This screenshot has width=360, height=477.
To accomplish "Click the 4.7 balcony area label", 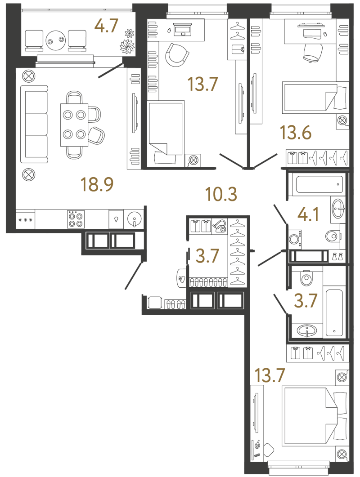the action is [106, 26].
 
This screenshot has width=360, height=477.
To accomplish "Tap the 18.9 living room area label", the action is [97, 184].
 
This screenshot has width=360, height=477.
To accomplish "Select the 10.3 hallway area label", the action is [221, 194].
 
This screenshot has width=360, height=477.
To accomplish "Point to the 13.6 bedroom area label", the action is [296, 133].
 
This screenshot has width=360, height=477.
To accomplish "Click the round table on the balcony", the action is [56, 39].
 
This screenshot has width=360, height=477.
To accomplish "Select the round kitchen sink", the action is [135, 219].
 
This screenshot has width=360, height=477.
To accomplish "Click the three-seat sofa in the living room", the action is [34, 124].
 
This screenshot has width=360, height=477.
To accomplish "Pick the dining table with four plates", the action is [74, 125].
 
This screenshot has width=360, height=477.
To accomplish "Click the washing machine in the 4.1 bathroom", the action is [294, 238].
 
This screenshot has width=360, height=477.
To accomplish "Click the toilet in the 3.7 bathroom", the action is [305, 278].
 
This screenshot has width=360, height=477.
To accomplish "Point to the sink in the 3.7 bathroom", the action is [307, 330].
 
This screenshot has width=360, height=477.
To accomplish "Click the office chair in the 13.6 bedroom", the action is [312, 52].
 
